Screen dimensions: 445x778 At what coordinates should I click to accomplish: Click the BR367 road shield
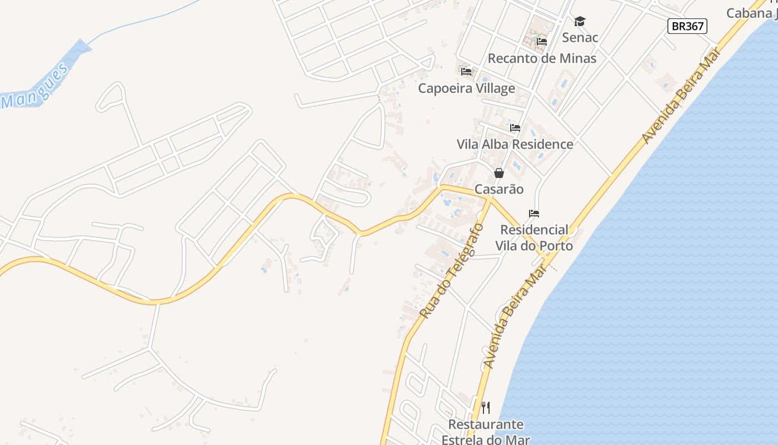click(687, 26)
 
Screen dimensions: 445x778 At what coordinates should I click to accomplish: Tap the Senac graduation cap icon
click(580, 22)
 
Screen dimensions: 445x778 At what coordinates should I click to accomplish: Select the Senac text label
click(580, 38)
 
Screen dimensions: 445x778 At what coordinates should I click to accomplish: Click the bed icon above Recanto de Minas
click(542, 42)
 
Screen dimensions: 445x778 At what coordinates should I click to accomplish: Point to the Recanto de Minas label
click(542, 58)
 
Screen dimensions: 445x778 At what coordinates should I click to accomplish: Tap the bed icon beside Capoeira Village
click(466, 72)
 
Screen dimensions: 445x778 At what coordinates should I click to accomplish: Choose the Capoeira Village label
click(466, 88)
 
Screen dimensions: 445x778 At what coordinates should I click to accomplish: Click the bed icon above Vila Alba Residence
click(515, 128)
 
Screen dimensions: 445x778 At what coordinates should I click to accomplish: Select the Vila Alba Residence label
click(515, 145)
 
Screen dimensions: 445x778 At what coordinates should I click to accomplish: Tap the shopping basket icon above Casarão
click(499, 173)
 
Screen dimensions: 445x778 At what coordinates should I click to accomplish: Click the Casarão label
click(499, 190)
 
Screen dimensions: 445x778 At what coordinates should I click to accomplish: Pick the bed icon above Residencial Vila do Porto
click(534, 214)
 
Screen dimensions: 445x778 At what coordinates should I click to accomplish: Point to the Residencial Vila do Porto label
click(534, 238)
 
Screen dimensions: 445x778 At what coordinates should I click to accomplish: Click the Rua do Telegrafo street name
click(452, 271)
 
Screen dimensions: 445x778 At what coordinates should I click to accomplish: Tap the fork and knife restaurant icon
click(486, 408)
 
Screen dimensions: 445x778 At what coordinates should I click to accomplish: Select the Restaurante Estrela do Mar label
click(486, 432)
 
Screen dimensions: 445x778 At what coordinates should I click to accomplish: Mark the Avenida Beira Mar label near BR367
click(681, 95)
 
